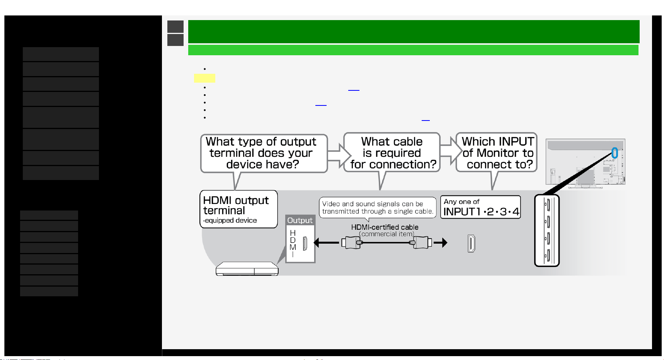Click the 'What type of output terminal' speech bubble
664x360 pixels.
pyautogui.click(x=264, y=153)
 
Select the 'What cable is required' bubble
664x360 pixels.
pyautogui.click(x=392, y=153)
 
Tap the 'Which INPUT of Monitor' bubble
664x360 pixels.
pyautogui.click(x=497, y=153)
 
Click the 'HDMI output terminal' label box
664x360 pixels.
pyautogui.click(x=238, y=209)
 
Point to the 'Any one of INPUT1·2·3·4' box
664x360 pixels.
pyautogui.click(x=481, y=207)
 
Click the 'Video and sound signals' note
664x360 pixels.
pyautogui.click(x=378, y=208)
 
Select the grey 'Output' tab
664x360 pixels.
pyautogui.click(x=300, y=220)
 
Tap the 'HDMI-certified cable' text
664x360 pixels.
pyautogui.click(x=385, y=227)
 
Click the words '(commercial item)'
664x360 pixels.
pyautogui.click(x=386, y=234)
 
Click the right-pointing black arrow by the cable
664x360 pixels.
pyautogui.click(x=441, y=243)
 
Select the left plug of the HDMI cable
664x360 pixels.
pyautogui.click(x=352, y=243)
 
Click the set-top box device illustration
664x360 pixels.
pyautogui.click(x=247, y=269)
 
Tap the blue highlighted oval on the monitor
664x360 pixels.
pyautogui.click(x=615, y=153)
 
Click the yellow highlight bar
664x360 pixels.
pyautogui.click(x=204, y=78)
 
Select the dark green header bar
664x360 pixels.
pyautogui.click(x=414, y=32)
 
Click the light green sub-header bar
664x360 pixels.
pyautogui.click(x=413, y=50)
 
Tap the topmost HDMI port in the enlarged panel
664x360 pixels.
pyautogui.click(x=548, y=205)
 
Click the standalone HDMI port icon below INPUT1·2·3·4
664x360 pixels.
pyautogui.click(x=471, y=243)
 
